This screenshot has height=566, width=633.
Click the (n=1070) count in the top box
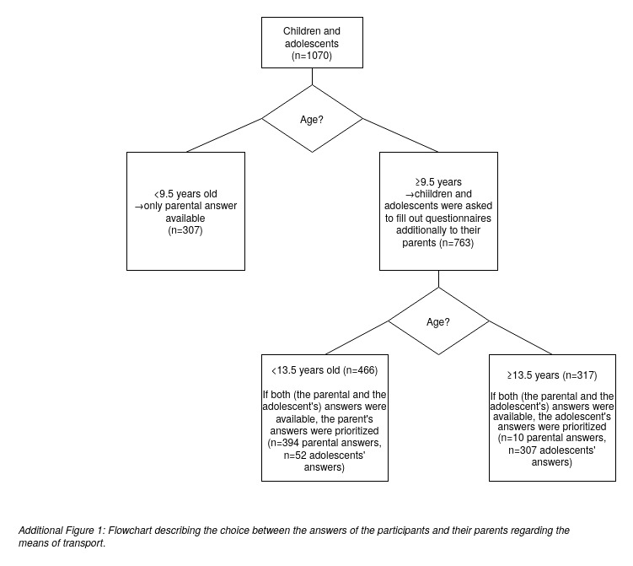[x=312, y=56]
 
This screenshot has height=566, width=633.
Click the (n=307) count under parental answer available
[x=185, y=230]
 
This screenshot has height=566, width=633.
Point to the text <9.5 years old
[x=185, y=194]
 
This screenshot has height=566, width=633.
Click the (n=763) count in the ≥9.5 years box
[x=456, y=243]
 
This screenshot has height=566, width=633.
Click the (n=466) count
[x=360, y=370]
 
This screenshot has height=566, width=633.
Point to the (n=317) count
[x=580, y=375]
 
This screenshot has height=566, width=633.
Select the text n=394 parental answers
[x=327, y=443]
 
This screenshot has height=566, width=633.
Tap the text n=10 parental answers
[x=554, y=438]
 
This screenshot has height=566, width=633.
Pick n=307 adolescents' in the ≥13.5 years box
[x=552, y=450]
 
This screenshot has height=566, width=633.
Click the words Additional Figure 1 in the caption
[x=62, y=531]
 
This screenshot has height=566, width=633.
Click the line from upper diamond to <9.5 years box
[x=224, y=135]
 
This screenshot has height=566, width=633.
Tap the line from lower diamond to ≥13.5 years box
[x=521, y=337]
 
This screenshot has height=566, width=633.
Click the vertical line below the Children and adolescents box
[x=312, y=77]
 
